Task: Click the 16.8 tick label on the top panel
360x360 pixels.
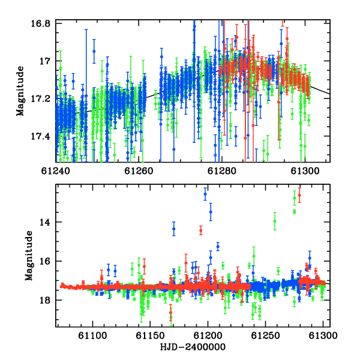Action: click(x=41, y=23)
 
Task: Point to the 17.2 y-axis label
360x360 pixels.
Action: click(x=41, y=99)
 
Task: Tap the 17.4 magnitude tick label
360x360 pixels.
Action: click(x=41, y=137)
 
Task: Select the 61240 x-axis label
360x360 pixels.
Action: click(x=56, y=171)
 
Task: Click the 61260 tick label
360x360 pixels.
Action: click(x=139, y=171)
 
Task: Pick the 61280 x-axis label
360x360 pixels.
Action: click(x=222, y=171)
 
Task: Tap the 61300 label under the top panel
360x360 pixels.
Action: click(x=305, y=171)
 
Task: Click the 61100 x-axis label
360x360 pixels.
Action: click(x=92, y=335)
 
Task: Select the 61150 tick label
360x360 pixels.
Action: click(x=150, y=335)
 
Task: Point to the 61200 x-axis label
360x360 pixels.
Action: click(x=208, y=335)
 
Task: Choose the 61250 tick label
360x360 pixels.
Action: click(x=265, y=335)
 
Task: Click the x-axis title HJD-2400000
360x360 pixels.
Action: click(x=193, y=347)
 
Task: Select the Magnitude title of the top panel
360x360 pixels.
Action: click(x=20, y=91)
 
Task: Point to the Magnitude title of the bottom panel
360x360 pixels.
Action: click(x=29, y=256)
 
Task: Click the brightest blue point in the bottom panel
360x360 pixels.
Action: click(x=205, y=194)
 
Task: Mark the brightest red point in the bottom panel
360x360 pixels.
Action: click(x=299, y=196)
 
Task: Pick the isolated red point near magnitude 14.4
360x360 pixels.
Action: click(x=201, y=230)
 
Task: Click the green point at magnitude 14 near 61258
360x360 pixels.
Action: click(x=275, y=221)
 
